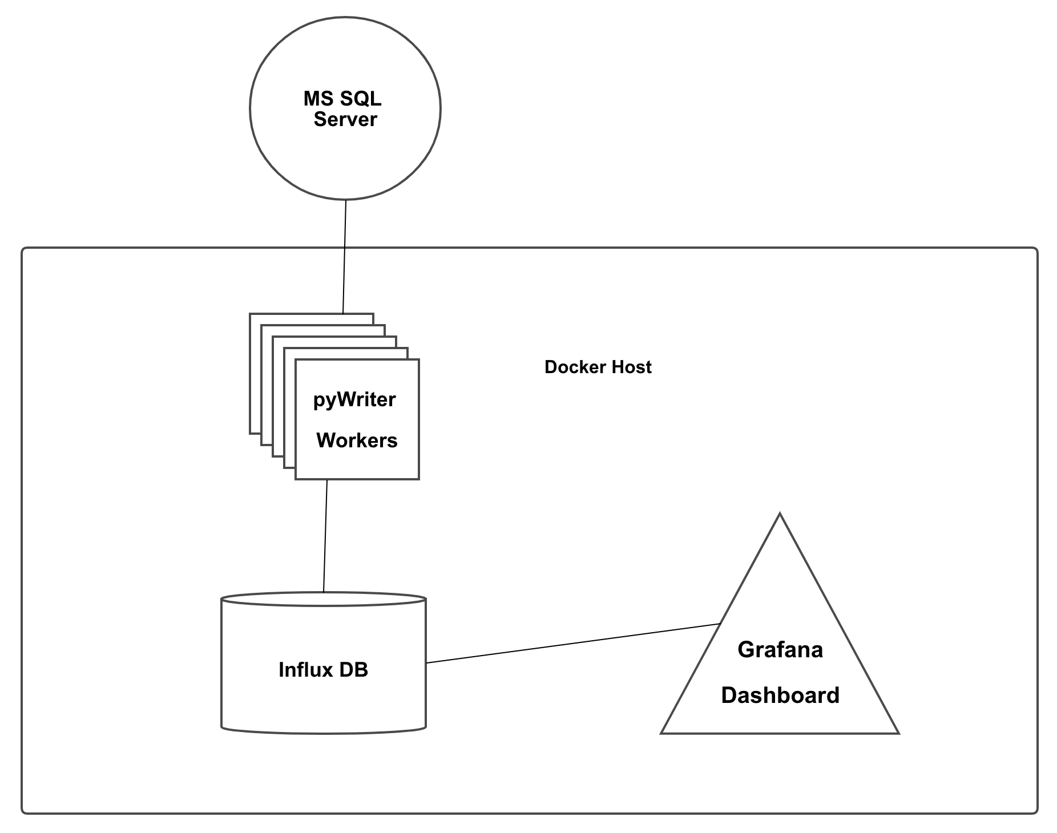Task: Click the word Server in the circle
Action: tap(345, 120)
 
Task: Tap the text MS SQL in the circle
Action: tap(342, 99)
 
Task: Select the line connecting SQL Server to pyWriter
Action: tap(344, 257)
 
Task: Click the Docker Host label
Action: tap(598, 367)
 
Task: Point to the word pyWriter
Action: tap(354, 400)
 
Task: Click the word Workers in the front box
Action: tap(357, 440)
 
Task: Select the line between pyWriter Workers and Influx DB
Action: tap(325, 536)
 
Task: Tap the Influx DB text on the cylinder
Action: tap(323, 670)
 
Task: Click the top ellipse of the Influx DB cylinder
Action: tap(324, 599)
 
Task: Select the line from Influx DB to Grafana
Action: tap(571, 644)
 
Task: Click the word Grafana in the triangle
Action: tap(780, 650)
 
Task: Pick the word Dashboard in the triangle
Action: tap(780, 695)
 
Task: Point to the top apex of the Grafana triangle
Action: tap(780, 515)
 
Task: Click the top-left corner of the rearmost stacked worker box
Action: tap(250, 314)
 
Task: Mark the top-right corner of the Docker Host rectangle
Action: tap(1036, 249)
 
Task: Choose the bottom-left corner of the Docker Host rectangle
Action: tap(23, 812)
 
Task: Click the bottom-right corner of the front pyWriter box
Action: tap(419, 479)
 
